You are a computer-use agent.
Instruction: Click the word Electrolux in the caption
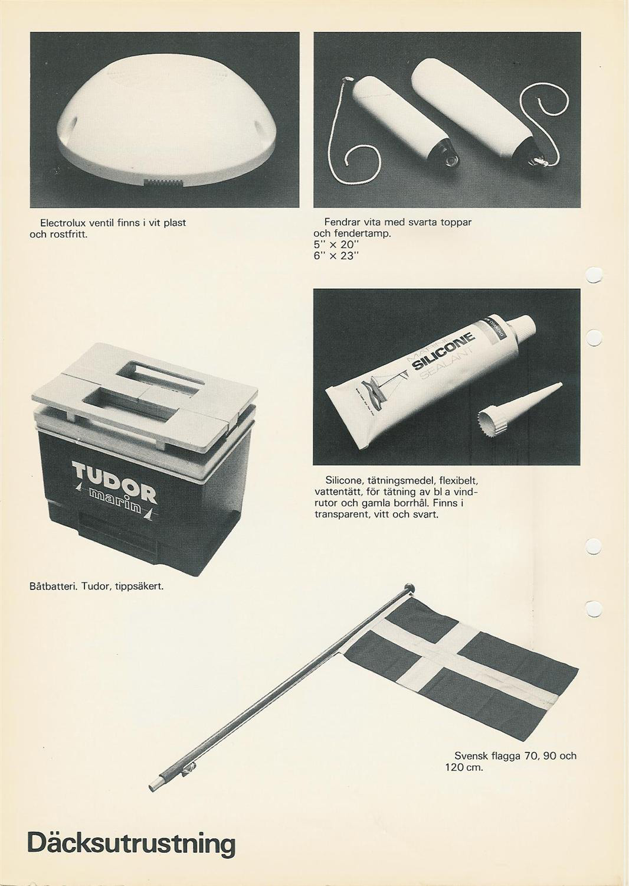coord(65,223)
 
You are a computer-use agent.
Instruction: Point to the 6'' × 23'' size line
coord(336,256)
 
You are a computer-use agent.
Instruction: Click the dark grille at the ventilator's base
coord(164,183)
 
